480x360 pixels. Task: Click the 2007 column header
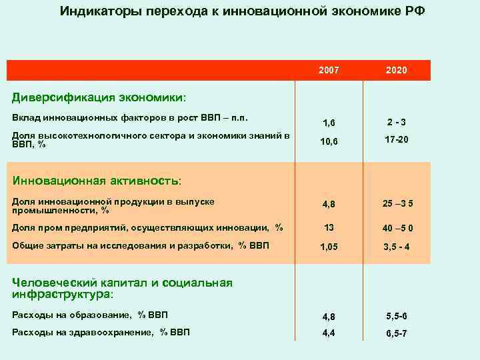click(x=329, y=70)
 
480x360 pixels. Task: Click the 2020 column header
click(x=396, y=70)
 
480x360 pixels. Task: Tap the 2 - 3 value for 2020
click(x=397, y=122)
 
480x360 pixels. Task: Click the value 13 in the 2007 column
click(x=329, y=228)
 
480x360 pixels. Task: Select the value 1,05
click(x=329, y=247)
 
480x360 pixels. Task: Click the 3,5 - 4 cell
click(x=397, y=247)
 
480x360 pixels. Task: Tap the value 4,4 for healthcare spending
click(x=329, y=333)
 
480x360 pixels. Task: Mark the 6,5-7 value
click(x=397, y=333)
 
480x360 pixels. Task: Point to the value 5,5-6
click(x=397, y=316)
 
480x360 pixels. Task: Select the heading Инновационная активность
click(x=97, y=181)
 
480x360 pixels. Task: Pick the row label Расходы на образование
click(x=74, y=315)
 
